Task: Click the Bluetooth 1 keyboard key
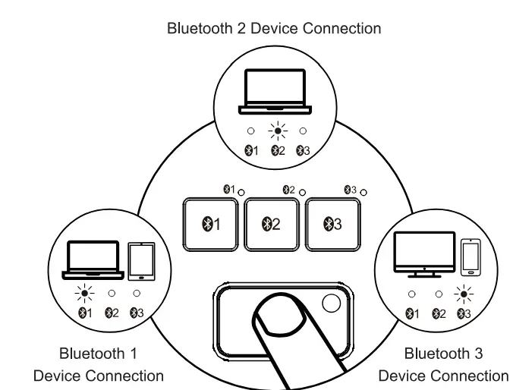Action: point(211,224)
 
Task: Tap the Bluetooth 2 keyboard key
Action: point(272,224)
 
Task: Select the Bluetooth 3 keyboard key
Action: point(332,224)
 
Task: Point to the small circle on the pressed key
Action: point(332,304)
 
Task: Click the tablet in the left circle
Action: point(137,260)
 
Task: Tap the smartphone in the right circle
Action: point(471,256)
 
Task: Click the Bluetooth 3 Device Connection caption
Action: point(443,364)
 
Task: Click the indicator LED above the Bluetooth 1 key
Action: point(241,193)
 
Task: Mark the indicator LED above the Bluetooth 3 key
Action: point(364,193)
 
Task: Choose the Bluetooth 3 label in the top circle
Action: point(304,151)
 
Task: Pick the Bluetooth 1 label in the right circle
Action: point(413,313)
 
